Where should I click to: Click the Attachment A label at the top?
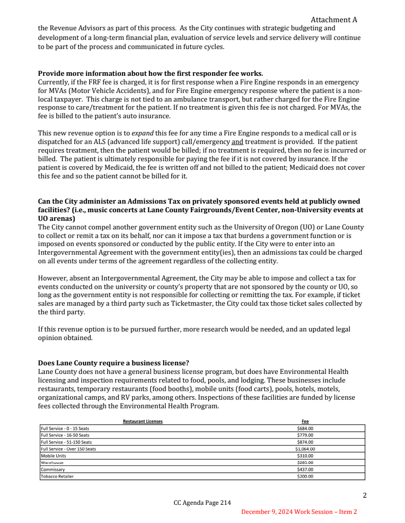click(x=334, y=20)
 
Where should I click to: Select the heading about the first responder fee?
click(x=150, y=73)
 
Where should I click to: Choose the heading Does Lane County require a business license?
click(x=111, y=362)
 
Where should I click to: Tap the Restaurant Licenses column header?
click(x=143, y=421)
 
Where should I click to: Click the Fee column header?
click(x=305, y=421)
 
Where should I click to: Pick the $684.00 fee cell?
click(x=305, y=429)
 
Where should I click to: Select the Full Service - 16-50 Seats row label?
click(x=65, y=435)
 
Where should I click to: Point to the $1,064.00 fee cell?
click(x=305, y=449)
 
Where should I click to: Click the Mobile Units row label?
click(x=54, y=455)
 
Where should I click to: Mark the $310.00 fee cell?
click(x=305, y=455)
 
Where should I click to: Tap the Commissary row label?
click(x=53, y=469)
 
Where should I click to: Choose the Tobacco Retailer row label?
click(x=57, y=476)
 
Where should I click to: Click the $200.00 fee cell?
click(x=305, y=476)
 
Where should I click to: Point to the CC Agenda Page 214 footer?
click(x=202, y=503)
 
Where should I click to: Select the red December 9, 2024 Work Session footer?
click(x=299, y=512)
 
